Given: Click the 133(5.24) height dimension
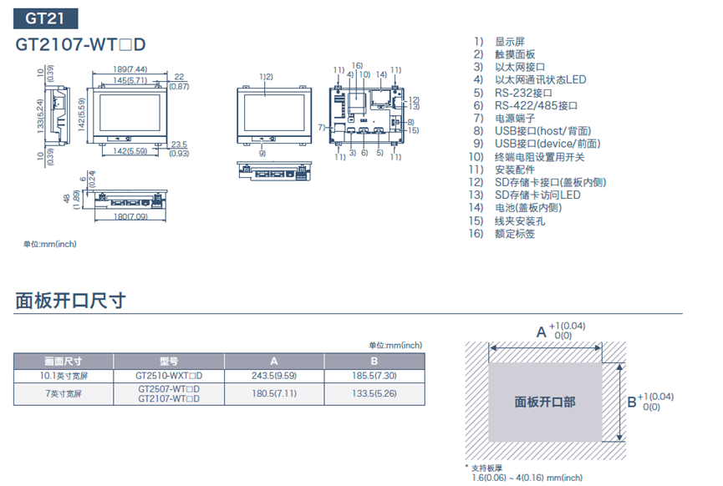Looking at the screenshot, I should tap(40, 119).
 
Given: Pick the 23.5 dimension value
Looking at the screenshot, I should tap(179, 144).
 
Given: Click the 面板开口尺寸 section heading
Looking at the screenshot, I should tap(70, 301).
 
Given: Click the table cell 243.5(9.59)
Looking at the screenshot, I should tap(273, 376).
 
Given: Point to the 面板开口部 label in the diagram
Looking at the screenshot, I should tap(544, 402).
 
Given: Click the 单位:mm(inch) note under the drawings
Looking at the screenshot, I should tap(49, 244).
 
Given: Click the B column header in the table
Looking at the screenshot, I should tap(374, 362).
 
